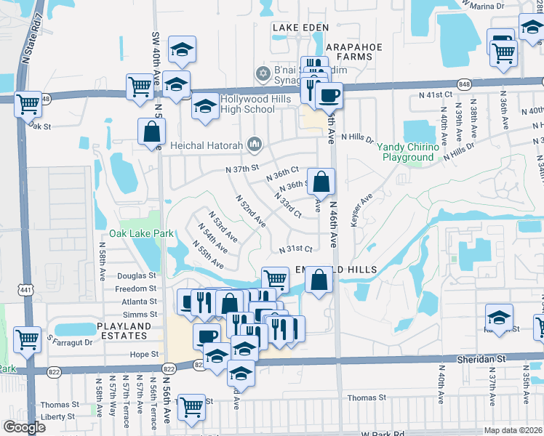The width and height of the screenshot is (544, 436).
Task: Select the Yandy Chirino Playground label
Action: (407, 152)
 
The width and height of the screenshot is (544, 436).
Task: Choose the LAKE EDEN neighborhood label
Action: (295, 28)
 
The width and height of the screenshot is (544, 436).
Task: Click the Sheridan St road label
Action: (501, 359)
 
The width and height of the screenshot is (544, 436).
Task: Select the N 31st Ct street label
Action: (296, 249)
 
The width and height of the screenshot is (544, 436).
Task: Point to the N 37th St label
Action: (242, 169)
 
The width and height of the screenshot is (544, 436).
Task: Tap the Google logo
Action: (24, 427)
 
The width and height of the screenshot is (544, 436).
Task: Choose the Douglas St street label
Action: (137, 276)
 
